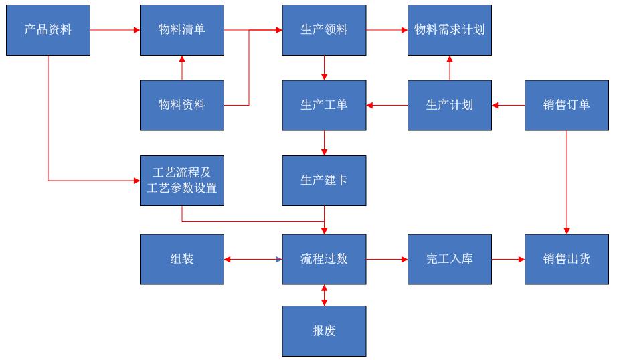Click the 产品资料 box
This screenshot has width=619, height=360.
[x=48, y=30]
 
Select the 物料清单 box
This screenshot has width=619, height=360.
[x=182, y=30]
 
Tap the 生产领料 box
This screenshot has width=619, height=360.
[x=324, y=30]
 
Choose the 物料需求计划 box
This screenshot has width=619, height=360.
[x=450, y=30]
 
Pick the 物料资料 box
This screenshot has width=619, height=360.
[x=182, y=105]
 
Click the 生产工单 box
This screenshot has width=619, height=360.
[x=324, y=105]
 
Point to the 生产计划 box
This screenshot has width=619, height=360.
[x=450, y=105]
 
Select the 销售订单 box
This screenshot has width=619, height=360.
[x=567, y=105]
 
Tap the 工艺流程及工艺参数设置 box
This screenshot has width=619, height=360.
[x=182, y=181]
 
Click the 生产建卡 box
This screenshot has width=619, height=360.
[x=324, y=181]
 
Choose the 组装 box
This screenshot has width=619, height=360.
[x=182, y=259]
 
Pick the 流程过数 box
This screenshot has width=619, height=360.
[x=324, y=259]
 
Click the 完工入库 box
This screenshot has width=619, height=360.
[x=450, y=259]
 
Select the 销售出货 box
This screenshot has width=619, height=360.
[x=567, y=259]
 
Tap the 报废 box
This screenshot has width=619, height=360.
[x=324, y=331]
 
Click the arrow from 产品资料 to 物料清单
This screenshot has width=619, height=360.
[x=115, y=30]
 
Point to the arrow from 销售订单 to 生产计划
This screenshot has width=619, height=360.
[x=509, y=105]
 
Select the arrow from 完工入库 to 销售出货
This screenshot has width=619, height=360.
[x=509, y=259]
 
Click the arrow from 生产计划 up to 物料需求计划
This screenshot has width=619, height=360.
[x=450, y=68]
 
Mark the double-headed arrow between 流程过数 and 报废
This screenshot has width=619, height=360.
[x=325, y=295]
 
